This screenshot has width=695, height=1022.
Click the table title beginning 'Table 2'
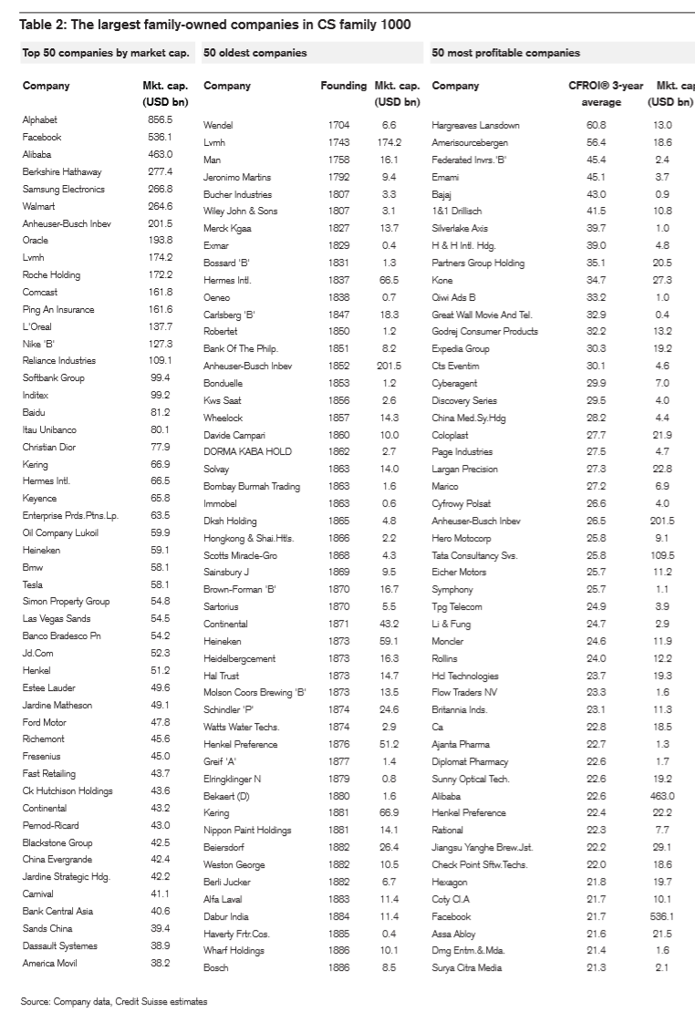pos(215,25)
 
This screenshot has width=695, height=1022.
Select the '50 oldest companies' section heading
pos(255,53)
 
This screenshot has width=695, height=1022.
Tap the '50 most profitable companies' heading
pos(505,53)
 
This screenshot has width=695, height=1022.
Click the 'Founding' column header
pos(344,86)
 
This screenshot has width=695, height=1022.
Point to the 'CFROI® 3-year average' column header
pos(606,93)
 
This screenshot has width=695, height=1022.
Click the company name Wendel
pos(218,125)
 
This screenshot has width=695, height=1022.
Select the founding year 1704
pos(338,125)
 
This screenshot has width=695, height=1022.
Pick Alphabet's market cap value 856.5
pos(160,119)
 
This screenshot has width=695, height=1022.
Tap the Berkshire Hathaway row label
pos(62,171)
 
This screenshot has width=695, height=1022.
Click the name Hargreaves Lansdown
pos(475,125)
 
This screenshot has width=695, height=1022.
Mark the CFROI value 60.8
pos(596,125)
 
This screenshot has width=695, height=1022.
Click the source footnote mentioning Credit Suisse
pos(114,1001)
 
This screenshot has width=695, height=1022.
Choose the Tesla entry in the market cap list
pos(33,584)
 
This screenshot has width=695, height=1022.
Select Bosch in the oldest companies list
pos(216,967)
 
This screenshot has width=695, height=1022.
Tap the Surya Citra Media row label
pos(466,967)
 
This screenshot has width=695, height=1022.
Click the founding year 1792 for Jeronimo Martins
pos(338,177)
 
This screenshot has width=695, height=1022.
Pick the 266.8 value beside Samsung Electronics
pos(160,189)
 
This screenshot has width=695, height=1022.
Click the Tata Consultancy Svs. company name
pos(474,555)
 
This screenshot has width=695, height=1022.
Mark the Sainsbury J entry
pos(226,573)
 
